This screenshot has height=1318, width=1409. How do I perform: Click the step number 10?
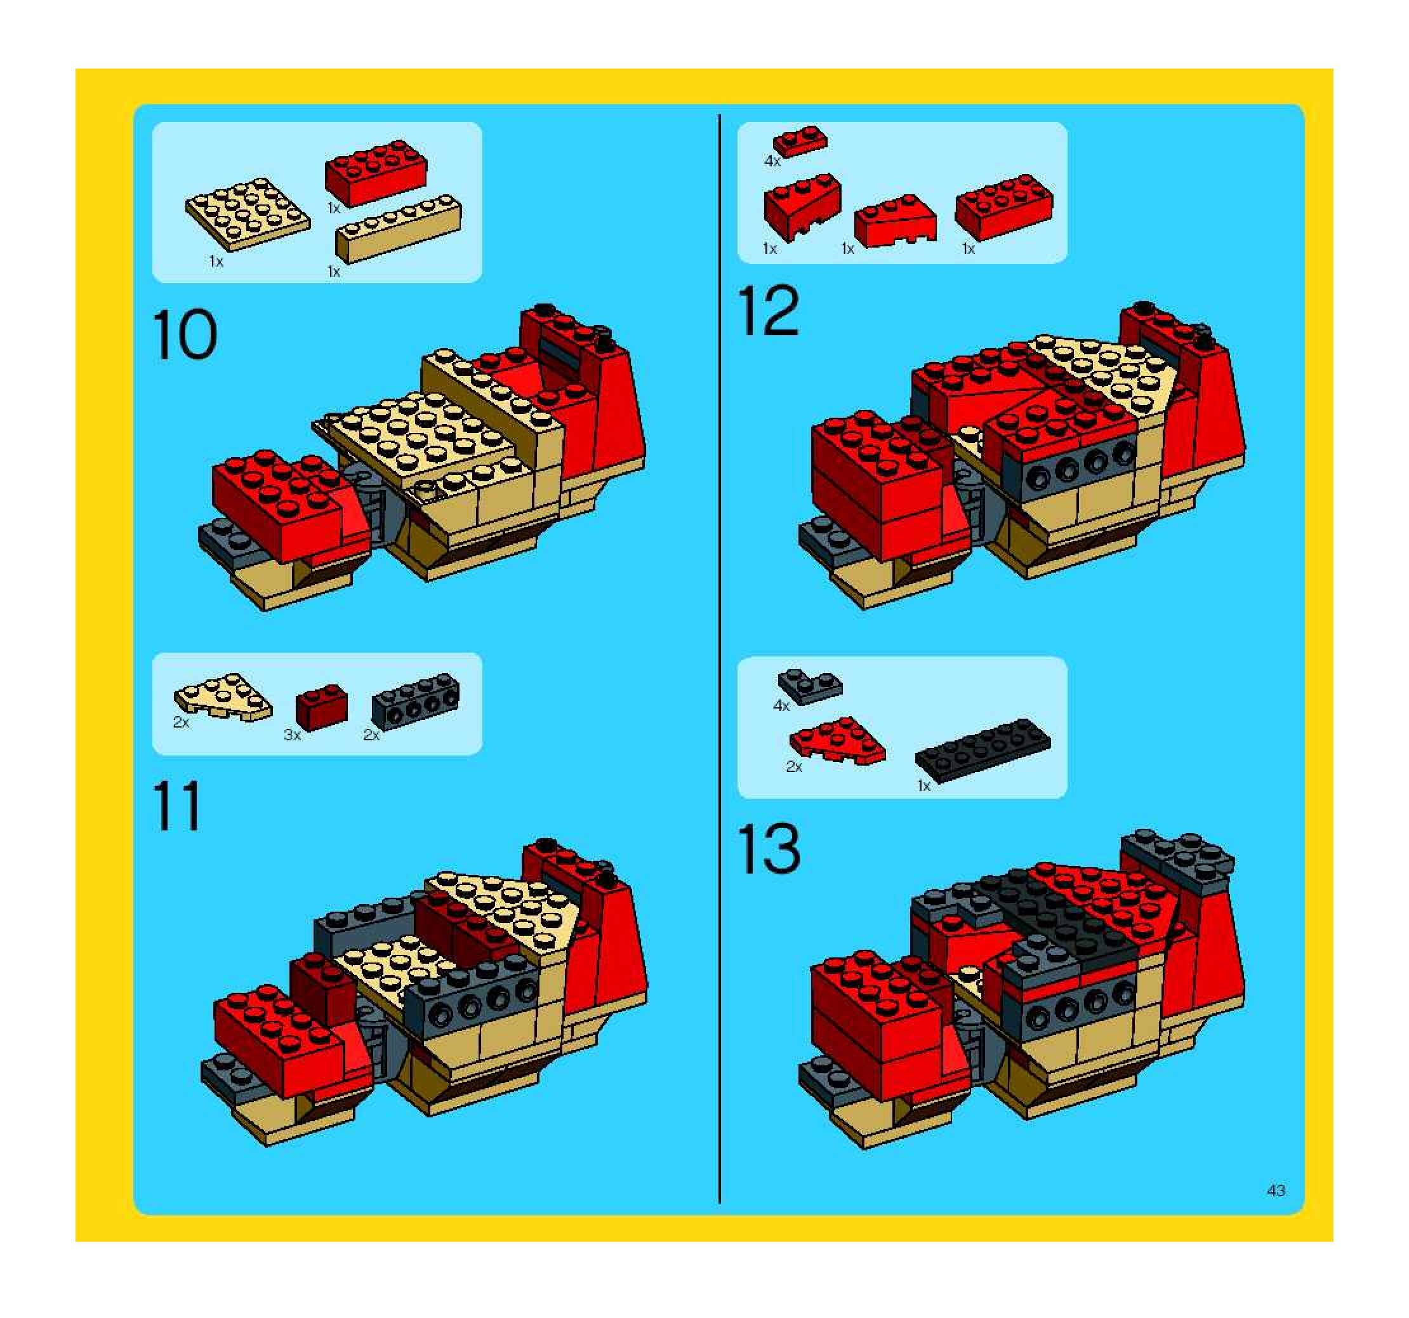click(184, 335)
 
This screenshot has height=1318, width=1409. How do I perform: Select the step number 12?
click(769, 310)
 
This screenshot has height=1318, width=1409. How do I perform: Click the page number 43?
click(1276, 1190)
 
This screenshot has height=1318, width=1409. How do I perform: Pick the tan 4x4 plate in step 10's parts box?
click(248, 213)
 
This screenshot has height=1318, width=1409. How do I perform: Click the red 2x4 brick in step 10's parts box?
click(376, 172)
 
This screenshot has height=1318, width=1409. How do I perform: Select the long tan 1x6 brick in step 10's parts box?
click(399, 229)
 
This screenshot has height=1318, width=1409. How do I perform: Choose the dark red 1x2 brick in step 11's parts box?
click(321, 707)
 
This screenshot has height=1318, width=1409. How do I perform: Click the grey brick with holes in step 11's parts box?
click(415, 702)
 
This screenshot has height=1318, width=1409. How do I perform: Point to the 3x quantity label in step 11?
click(292, 735)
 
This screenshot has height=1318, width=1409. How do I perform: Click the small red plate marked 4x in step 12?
click(800, 142)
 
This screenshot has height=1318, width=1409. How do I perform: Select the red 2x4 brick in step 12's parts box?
click(1003, 206)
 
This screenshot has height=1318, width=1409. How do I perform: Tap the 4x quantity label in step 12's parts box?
click(772, 162)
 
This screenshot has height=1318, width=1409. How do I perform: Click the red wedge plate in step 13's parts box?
click(838, 742)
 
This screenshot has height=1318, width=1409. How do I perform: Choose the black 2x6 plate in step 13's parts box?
click(983, 751)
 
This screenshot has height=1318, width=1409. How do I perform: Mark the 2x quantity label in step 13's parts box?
click(794, 767)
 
